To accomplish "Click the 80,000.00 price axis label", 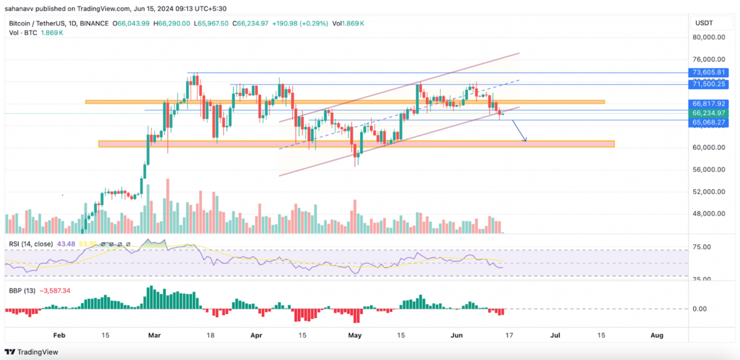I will click(709, 37).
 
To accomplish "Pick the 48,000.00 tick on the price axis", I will click(709, 214).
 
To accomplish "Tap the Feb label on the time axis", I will click(59, 335).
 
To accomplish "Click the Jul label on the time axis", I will click(555, 335).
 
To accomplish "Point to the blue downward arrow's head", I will click(525, 141).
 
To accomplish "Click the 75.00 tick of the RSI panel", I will click(703, 247).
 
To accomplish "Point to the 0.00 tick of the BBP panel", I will click(705, 308).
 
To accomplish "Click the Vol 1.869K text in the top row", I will click(348, 23).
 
